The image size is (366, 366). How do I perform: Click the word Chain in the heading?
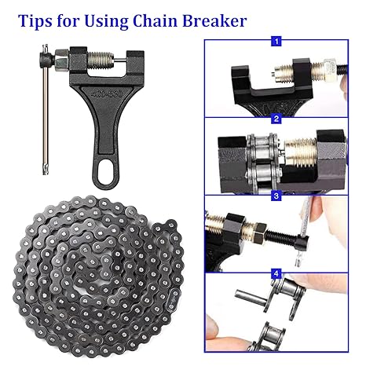156,20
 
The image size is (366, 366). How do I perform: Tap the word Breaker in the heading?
214,20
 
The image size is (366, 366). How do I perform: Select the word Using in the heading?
106,21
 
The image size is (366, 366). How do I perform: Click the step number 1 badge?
276,42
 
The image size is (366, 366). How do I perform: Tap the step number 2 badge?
276,119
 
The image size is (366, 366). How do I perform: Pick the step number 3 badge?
276,196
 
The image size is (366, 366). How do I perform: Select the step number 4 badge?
276,274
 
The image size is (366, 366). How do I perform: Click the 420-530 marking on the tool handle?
107,93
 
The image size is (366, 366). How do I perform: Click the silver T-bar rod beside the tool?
46,110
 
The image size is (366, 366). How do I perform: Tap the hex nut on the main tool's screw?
61,60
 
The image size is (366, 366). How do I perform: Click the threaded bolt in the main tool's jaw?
101,59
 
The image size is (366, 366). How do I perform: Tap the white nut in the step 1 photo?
331,68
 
